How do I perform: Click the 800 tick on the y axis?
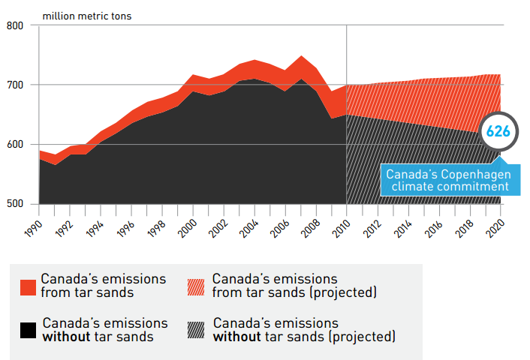(16, 26)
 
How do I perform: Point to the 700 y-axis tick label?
(16, 85)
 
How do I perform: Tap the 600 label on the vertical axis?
(16, 144)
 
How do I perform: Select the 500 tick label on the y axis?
(16, 204)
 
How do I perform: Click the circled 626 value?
(498, 131)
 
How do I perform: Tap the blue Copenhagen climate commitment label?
(447, 180)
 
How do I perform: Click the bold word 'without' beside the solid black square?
(65, 337)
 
